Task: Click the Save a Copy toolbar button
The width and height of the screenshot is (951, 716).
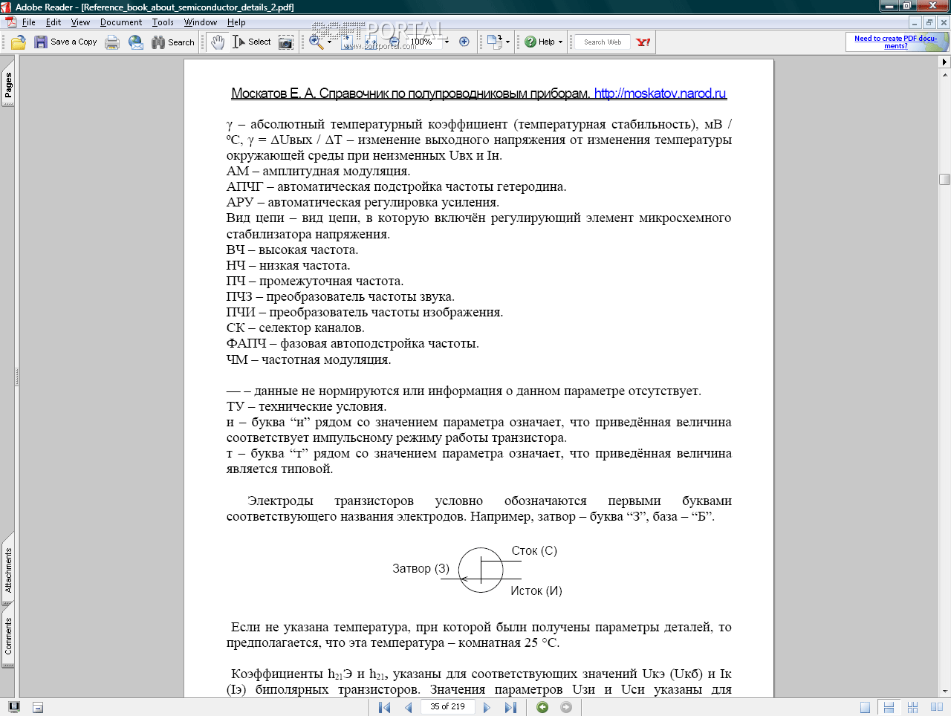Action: (65, 42)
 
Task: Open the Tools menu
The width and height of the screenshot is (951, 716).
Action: (163, 22)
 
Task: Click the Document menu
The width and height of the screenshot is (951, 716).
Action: (121, 22)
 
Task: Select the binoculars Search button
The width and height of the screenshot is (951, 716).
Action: (173, 42)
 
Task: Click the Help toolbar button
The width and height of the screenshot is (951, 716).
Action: (544, 42)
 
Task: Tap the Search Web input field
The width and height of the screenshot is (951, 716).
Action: (603, 42)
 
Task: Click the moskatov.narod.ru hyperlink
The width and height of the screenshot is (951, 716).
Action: (660, 94)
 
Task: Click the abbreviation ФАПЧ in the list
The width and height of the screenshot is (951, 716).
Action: (246, 344)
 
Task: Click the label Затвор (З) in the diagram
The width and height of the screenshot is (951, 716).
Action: (421, 569)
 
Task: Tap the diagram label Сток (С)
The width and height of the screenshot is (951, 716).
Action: (534, 551)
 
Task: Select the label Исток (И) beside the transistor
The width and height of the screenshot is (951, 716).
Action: (536, 591)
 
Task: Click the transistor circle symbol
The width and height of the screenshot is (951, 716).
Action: (481, 570)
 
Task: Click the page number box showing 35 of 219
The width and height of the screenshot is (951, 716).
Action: (447, 707)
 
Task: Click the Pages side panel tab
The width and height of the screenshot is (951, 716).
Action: (8, 85)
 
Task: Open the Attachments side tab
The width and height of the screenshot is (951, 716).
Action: (8, 570)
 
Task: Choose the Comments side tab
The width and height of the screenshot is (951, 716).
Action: (8, 637)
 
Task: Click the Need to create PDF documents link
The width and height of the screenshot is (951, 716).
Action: (895, 42)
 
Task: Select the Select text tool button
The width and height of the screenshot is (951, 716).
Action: (252, 42)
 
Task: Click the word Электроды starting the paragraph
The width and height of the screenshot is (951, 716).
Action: (280, 501)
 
